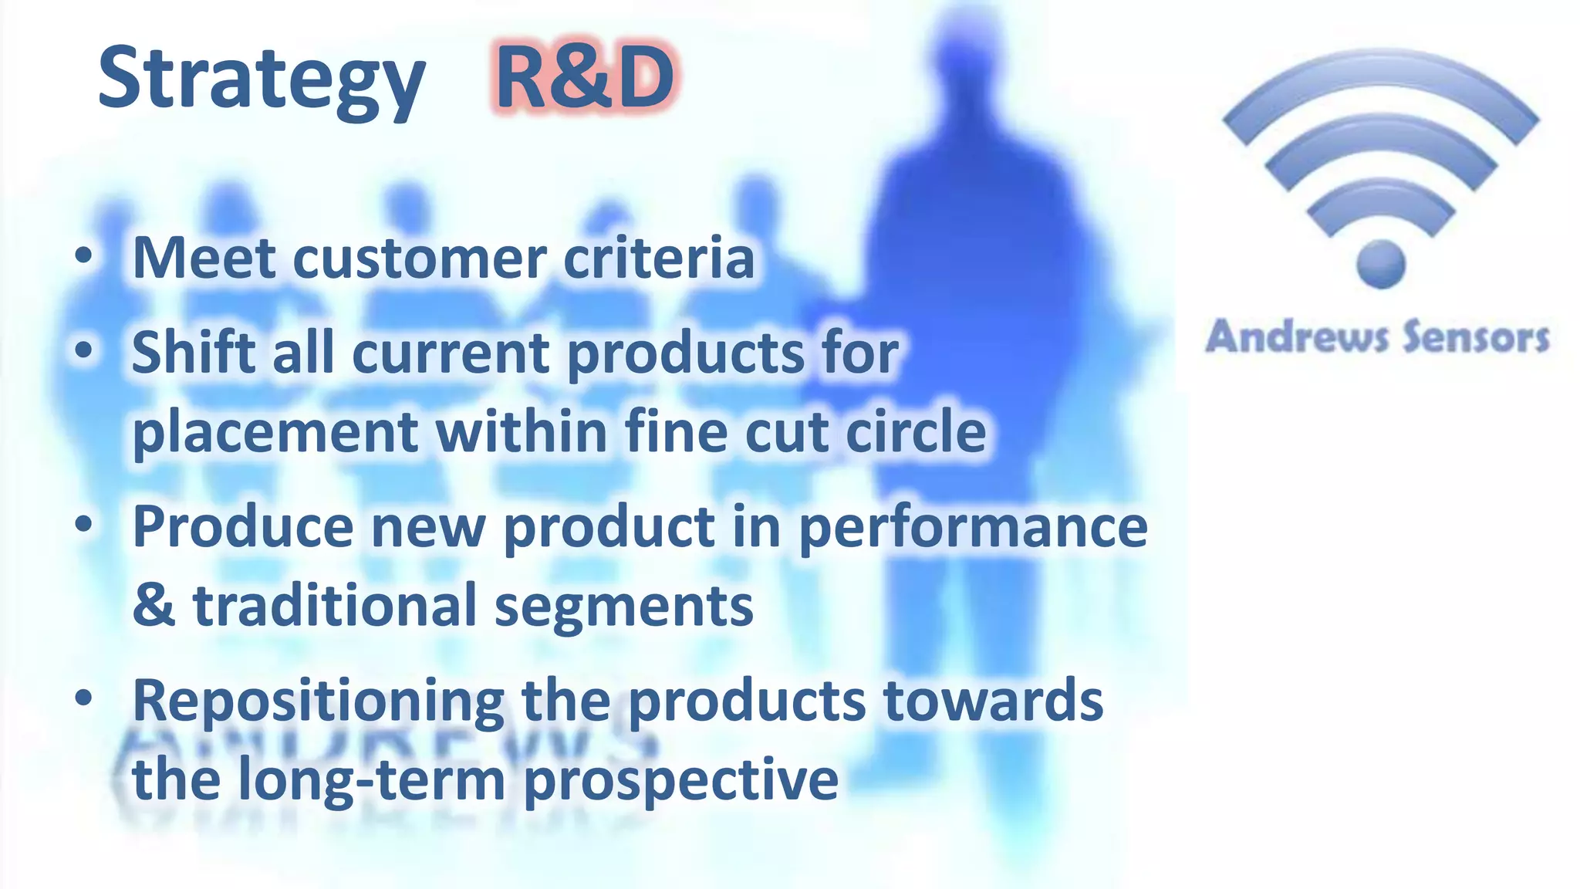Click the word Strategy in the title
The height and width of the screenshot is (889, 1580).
[261, 79]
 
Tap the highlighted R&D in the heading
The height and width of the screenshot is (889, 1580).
[584, 77]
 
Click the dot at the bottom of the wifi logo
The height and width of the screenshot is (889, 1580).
[1380, 264]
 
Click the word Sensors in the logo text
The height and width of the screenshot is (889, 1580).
[1475, 337]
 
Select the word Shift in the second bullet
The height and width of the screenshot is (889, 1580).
[193, 353]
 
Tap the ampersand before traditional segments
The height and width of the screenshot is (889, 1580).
[154, 606]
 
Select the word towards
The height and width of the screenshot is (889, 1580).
[993, 701]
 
